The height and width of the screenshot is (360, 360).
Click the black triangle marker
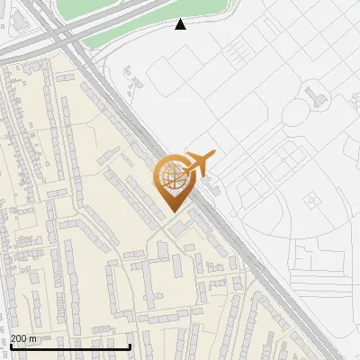click(x=180, y=24)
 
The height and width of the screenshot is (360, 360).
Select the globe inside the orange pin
click(x=172, y=176)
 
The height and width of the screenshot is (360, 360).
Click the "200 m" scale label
click(x=23, y=338)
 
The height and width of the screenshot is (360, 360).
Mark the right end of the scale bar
click(x=130, y=346)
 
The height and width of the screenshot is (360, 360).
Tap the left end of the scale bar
click(x=11, y=346)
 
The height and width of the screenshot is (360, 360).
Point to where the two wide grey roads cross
click(x=67, y=34)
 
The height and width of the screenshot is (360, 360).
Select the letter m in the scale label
click(x=32, y=338)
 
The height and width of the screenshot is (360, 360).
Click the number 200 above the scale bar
click(x=19, y=338)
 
